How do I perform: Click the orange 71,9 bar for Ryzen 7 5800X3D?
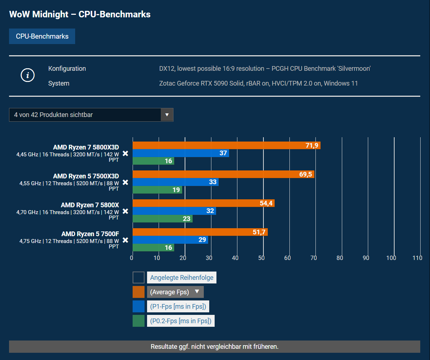pyautogui.click(x=227, y=145)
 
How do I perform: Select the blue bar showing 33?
pyautogui.click(x=176, y=182)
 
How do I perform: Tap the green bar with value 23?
pyautogui.click(x=163, y=218)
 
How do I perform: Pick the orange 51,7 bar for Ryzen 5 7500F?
pyautogui.click(x=200, y=232)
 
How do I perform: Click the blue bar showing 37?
pyautogui.click(x=181, y=153)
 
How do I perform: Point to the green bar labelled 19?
pyautogui.click(x=158, y=190)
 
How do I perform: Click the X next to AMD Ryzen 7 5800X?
pyautogui.click(x=125, y=211)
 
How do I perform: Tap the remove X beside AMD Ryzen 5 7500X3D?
pyautogui.click(x=125, y=182)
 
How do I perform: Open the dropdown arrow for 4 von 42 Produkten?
pyautogui.click(x=167, y=115)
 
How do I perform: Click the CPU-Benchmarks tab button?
pyautogui.click(x=42, y=36)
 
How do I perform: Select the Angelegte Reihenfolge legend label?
pyautogui.click(x=181, y=278)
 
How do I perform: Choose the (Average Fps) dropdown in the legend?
pyautogui.click(x=175, y=292)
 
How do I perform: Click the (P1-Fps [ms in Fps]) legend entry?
pyautogui.click(x=178, y=307)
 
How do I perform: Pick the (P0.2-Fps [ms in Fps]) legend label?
pyautogui.click(x=181, y=321)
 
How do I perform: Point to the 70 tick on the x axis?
pyautogui.click(x=314, y=258)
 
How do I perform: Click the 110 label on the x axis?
pyautogui.click(x=417, y=258)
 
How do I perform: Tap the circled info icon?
pyautogui.click(x=28, y=75)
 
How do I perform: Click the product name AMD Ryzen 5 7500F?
pyautogui.click(x=90, y=234)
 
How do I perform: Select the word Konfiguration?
pyautogui.click(x=67, y=69)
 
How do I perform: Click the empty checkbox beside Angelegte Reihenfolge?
pyautogui.click(x=138, y=278)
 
